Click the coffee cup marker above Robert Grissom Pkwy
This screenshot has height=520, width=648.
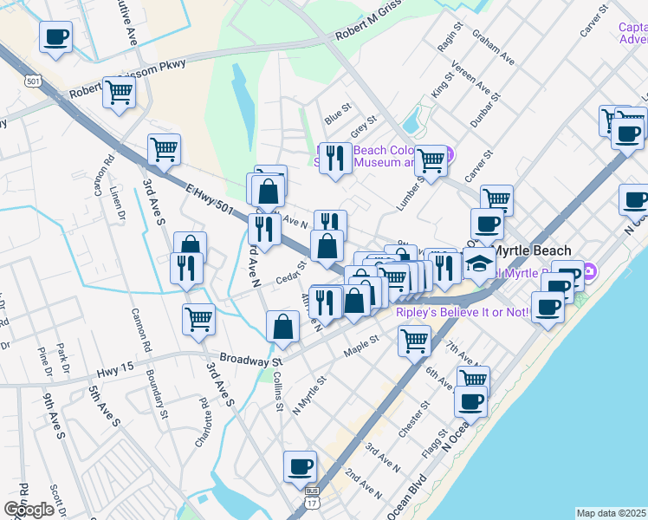[x=55, y=37]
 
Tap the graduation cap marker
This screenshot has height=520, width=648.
[x=477, y=262]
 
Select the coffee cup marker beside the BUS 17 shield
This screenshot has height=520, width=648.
[x=301, y=466]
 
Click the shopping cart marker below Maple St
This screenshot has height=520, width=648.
[x=415, y=339]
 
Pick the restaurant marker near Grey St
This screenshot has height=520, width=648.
[x=335, y=158]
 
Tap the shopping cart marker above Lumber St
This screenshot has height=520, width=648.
[x=431, y=159]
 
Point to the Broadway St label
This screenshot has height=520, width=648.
[x=251, y=359]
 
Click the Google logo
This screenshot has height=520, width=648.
[x=29, y=510]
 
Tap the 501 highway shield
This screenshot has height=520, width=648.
[x=34, y=81]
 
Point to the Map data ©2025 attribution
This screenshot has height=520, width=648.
[x=612, y=513]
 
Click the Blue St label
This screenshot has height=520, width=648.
[x=336, y=114]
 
